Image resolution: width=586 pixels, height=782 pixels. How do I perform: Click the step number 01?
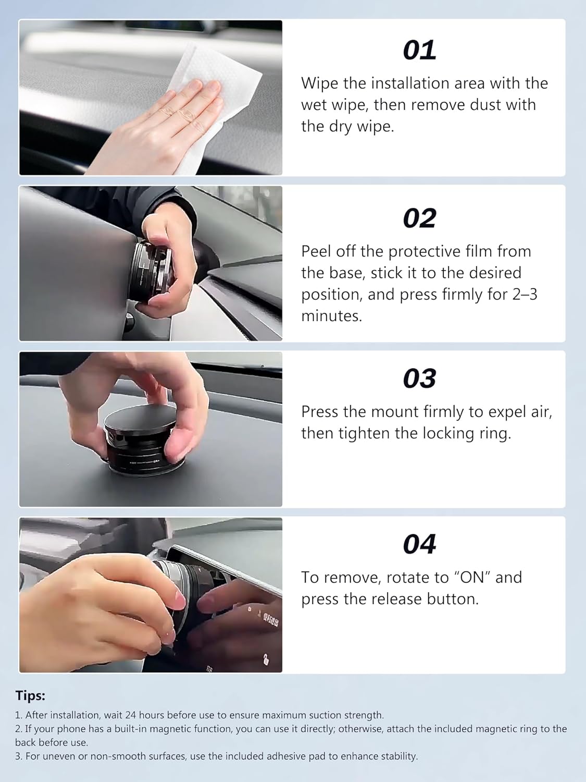pyautogui.click(x=419, y=51)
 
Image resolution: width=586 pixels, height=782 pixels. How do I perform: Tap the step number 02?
pyautogui.click(x=419, y=218)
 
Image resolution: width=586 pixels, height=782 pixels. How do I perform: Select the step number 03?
pyautogui.click(x=419, y=378)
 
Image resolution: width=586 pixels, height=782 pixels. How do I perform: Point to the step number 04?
pyautogui.click(x=419, y=544)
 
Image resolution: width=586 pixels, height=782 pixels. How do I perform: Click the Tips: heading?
pyautogui.click(x=30, y=695)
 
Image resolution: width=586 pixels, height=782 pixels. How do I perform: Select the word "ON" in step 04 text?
pyautogui.click(x=472, y=578)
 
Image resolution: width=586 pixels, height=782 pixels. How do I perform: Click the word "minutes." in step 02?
pyautogui.click(x=331, y=316)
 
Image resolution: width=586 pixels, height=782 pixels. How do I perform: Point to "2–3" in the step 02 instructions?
pyautogui.click(x=525, y=295)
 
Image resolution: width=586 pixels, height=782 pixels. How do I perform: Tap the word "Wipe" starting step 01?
pyautogui.click(x=320, y=83)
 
